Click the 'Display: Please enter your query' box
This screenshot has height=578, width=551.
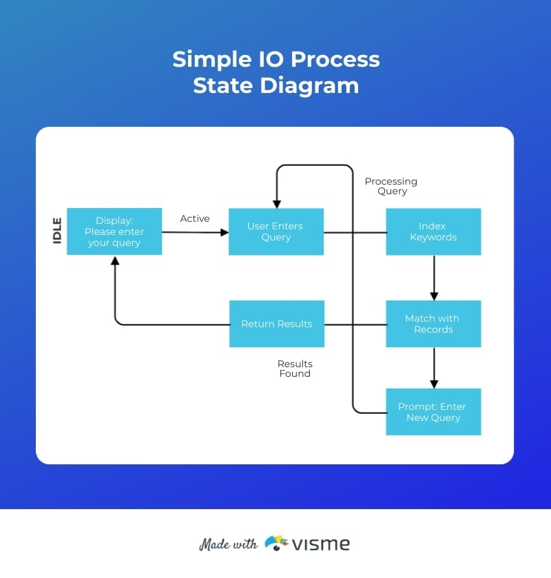(x=114, y=231)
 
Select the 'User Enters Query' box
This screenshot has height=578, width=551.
(x=276, y=231)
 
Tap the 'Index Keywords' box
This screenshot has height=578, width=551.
(x=433, y=231)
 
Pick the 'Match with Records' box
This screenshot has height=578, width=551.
(x=433, y=324)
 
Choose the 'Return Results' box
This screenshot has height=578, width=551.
(x=276, y=324)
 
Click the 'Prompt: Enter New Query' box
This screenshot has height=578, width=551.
(x=433, y=412)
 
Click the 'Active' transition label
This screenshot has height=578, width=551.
(x=195, y=218)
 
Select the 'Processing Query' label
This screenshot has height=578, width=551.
(x=391, y=186)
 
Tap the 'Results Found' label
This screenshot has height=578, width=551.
(x=295, y=369)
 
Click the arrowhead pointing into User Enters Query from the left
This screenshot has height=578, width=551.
(x=224, y=233)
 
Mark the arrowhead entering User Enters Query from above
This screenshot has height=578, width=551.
(x=277, y=204)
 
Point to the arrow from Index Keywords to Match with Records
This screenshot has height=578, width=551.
(x=434, y=278)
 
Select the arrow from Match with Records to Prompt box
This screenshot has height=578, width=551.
(x=434, y=368)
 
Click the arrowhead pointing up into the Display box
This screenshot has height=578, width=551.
(x=115, y=260)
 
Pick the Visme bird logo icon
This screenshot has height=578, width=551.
(x=276, y=543)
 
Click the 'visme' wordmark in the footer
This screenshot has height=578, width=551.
(x=320, y=544)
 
